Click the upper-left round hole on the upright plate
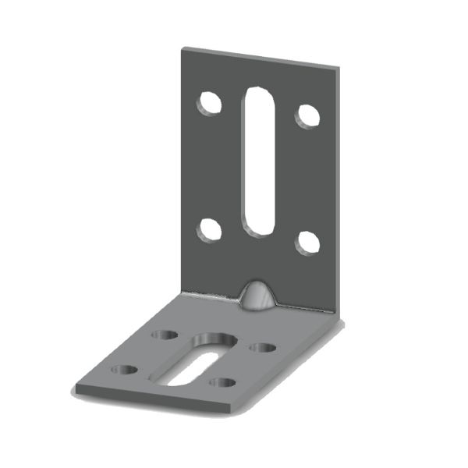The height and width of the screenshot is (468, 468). coord(209,104)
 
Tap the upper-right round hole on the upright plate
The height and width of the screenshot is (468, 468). coord(307,115)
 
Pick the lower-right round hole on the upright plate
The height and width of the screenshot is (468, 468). coord(307,243)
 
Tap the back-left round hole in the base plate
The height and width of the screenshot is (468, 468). coord(165,335)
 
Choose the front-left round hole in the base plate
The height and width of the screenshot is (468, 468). coord(124,370)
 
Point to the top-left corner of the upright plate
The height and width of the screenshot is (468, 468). coord(183,50)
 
